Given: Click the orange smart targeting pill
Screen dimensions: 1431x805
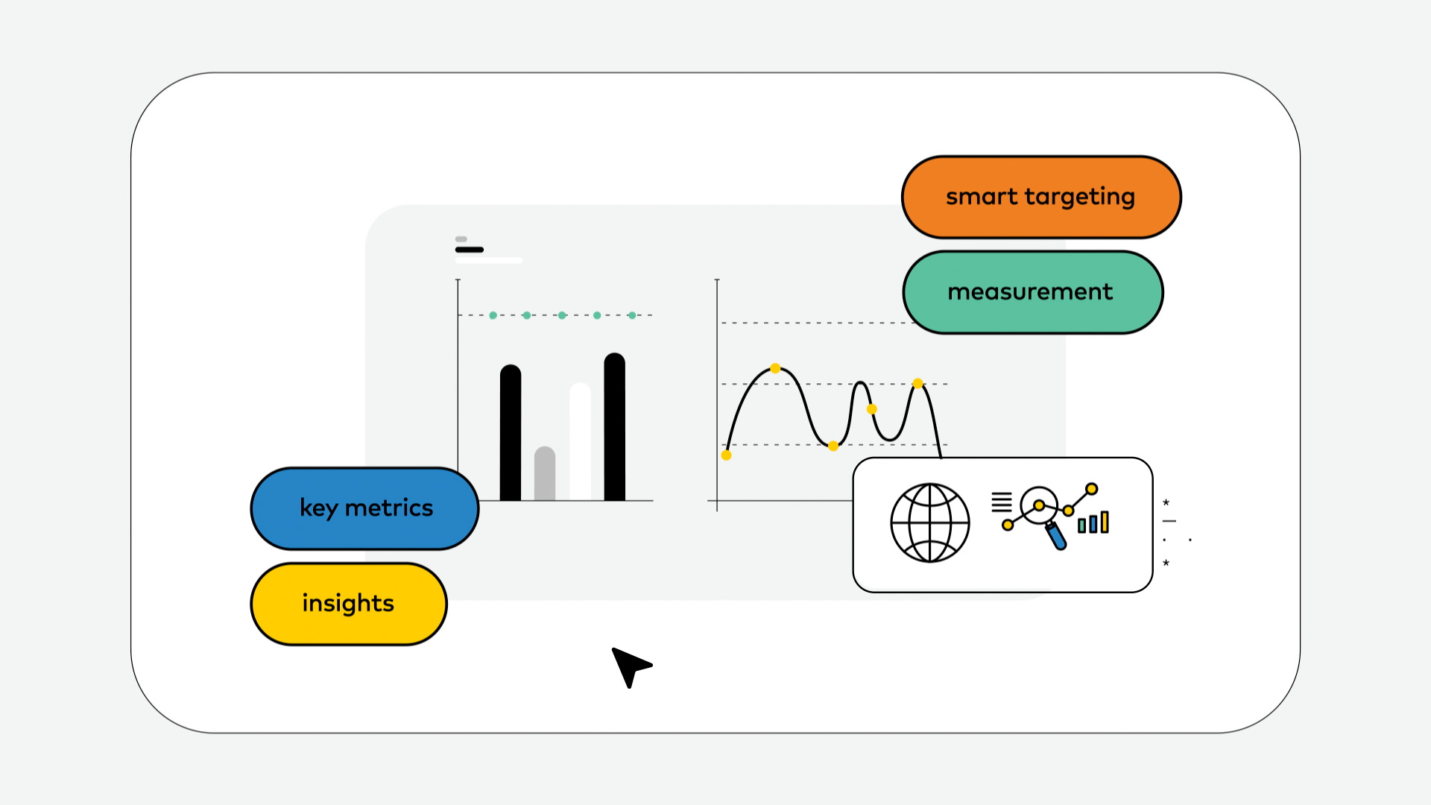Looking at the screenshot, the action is [x=1041, y=197].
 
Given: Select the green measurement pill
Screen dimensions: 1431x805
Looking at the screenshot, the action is [x=1033, y=292].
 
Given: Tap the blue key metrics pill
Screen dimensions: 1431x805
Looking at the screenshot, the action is [x=364, y=508].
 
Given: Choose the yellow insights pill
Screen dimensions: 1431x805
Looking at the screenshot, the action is [x=349, y=604].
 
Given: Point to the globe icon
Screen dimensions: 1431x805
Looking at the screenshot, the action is [x=930, y=523].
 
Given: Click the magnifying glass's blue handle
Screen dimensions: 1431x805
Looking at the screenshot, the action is [x=1056, y=536].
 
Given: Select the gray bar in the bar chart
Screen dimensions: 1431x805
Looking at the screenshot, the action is [x=545, y=473].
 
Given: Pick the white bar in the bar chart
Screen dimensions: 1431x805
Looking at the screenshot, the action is [x=580, y=441].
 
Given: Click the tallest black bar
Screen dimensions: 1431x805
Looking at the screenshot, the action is [x=615, y=426].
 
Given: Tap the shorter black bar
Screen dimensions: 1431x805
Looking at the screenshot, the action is [x=511, y=432].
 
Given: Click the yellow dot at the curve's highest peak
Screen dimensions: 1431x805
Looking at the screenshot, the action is [x=775, y=368].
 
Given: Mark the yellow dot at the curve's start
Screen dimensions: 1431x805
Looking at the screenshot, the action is [x=727, y=455].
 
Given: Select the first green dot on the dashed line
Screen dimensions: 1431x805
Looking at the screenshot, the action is [x=493, y=315].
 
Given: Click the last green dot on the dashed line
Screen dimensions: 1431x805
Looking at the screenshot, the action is [x=632, y=315].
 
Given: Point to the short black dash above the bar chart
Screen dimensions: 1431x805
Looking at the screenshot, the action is [x=470, y=250].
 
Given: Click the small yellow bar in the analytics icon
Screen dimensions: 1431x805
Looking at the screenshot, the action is [x=1105, y=522].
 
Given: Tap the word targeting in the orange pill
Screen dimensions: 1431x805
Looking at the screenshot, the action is [x=1080, y=198].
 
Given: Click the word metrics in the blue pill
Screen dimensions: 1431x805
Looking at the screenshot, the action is [x=389, y=508].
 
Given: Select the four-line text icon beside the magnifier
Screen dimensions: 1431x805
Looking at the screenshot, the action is [x=1002, y=502].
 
